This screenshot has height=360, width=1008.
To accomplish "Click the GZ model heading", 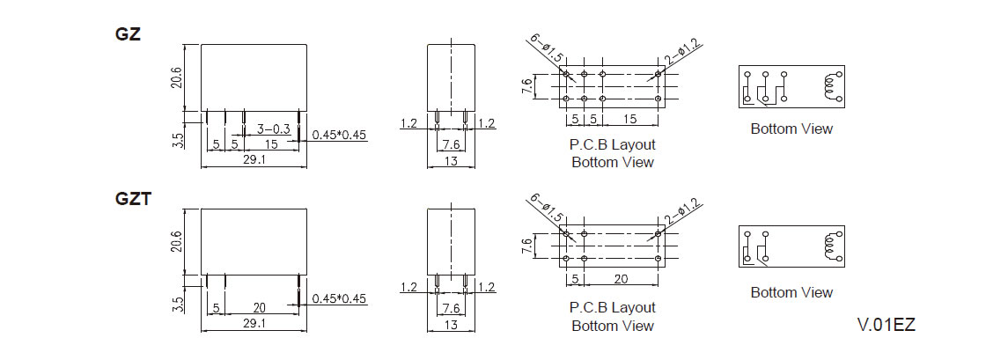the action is (128, 35).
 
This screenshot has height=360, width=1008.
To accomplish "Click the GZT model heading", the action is (133, 200).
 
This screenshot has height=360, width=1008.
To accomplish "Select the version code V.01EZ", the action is (887, 325).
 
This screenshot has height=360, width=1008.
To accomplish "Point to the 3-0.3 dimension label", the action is (273, 129).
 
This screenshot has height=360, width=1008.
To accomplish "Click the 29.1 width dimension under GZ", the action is (254, 159).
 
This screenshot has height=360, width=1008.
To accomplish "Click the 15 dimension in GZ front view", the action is (272, 144).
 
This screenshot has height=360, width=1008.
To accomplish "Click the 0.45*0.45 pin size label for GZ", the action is (339, 135).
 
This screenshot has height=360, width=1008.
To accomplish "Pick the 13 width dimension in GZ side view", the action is (451, 161).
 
